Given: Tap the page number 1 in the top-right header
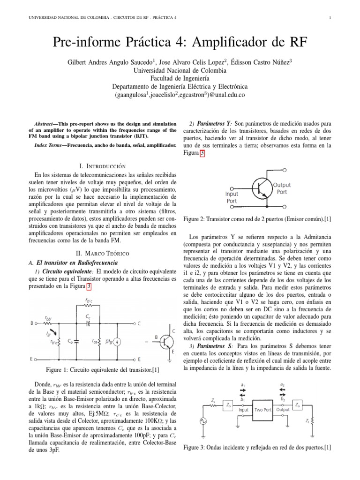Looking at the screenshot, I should tap(330, 18).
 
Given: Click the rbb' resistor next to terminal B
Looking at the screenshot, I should tap(47, 322).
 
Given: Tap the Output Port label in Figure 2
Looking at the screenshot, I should tap(282, 188).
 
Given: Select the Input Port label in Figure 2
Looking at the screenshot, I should tap(232, 197).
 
